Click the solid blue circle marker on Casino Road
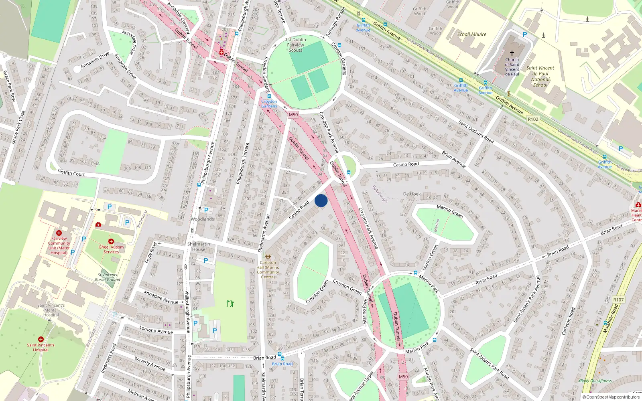321,200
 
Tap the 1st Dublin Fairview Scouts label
296,45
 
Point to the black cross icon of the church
512,53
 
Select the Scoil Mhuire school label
471,34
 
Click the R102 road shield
533,119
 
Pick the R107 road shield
618,300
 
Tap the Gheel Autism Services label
111,249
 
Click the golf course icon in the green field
230,304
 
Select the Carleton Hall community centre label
268,269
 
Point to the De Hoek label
412,194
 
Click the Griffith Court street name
71,173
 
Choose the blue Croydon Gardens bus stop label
269,104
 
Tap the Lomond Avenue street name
156,330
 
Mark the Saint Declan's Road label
476,132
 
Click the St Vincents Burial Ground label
108,277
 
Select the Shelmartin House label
199,247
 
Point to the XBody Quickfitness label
595,381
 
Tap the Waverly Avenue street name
150,364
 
